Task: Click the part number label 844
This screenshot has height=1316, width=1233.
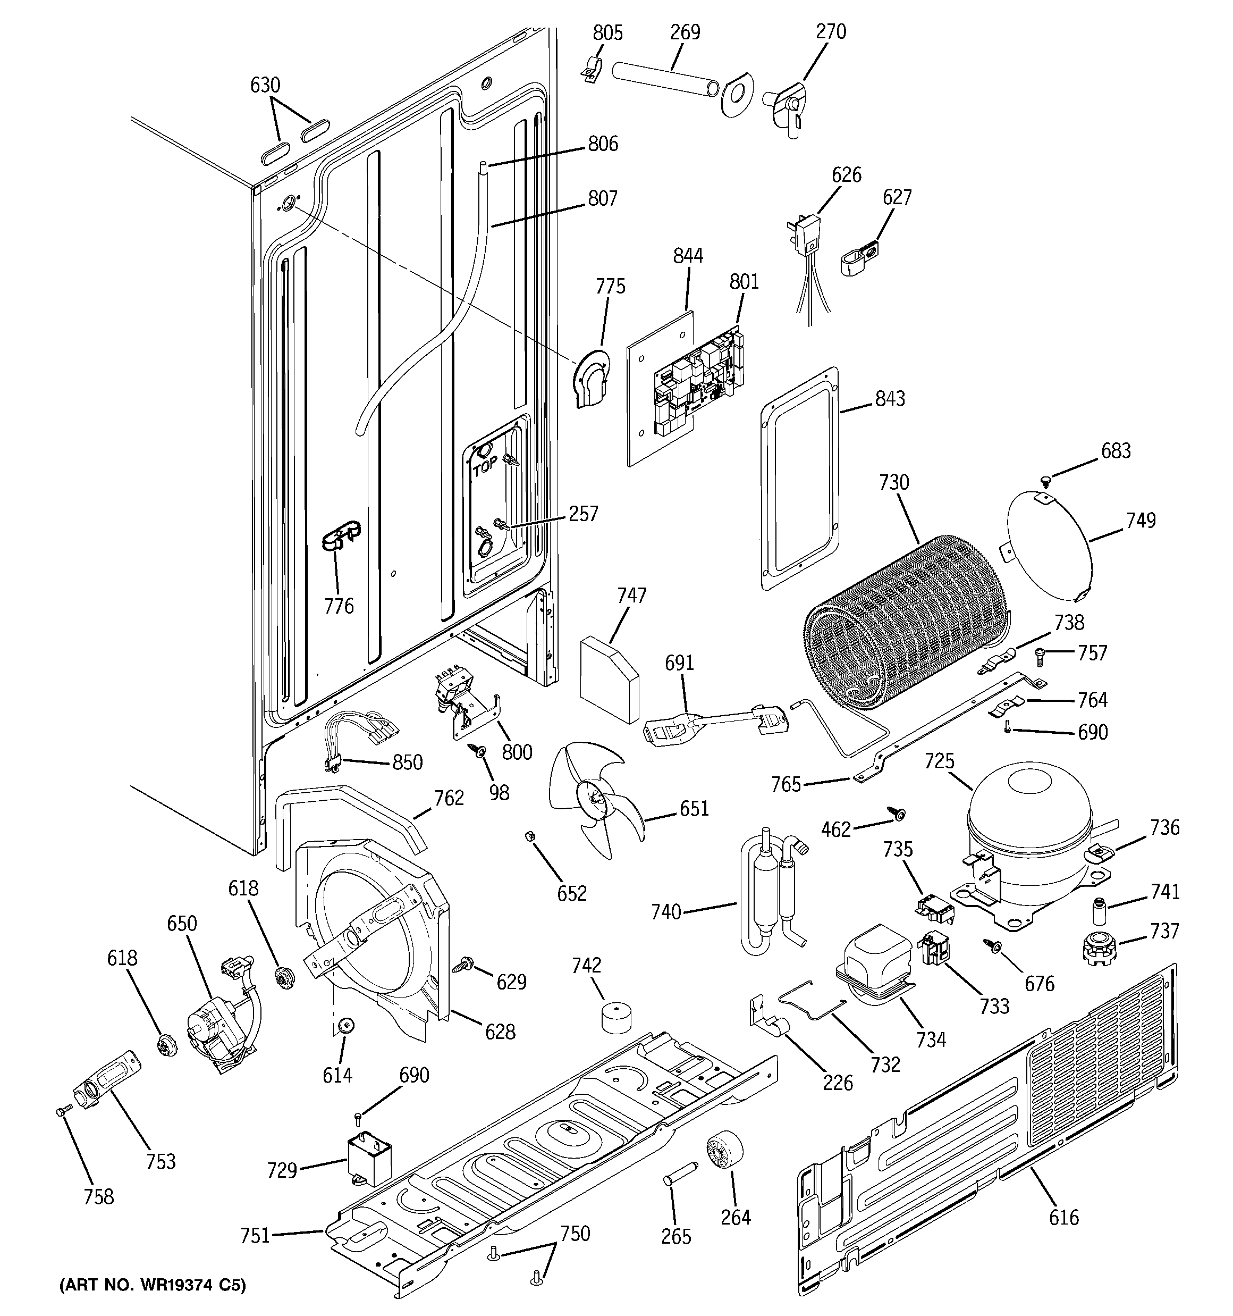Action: click(688, 256)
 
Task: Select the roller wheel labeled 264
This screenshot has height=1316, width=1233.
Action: click(723, 1151)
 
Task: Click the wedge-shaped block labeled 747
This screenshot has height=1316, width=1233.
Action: click(609, 678)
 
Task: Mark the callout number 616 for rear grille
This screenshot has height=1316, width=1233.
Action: click(1063, 1216)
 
